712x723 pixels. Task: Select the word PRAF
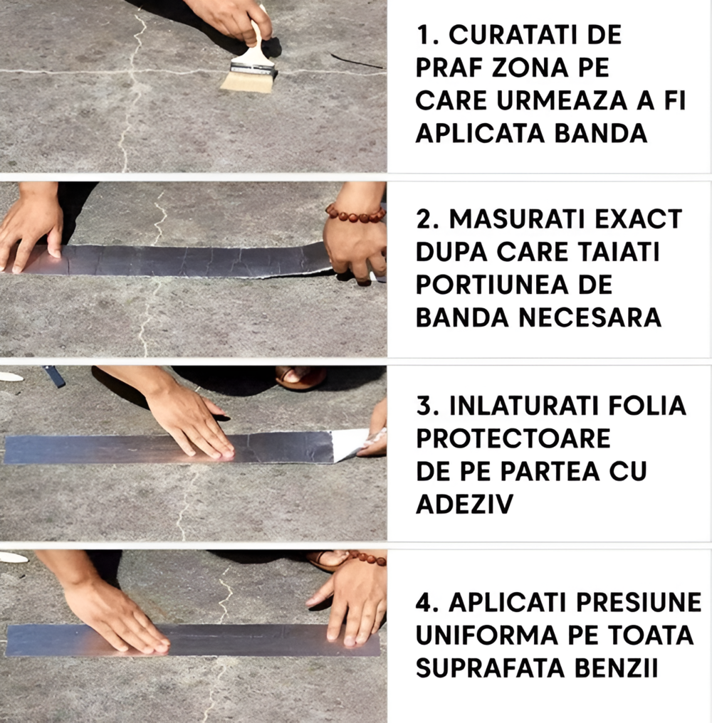click(x=446, y=68)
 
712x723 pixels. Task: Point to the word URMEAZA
click(x=562, y=101)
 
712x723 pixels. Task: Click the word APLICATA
click(x=481, y=134)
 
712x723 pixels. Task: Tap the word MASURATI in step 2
click(x=518, y=219)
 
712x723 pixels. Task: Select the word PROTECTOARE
click(x=513, y=438)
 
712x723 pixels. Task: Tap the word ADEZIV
click(x=464, y=504)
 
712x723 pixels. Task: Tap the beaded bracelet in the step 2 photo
click(x=355, y=213)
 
